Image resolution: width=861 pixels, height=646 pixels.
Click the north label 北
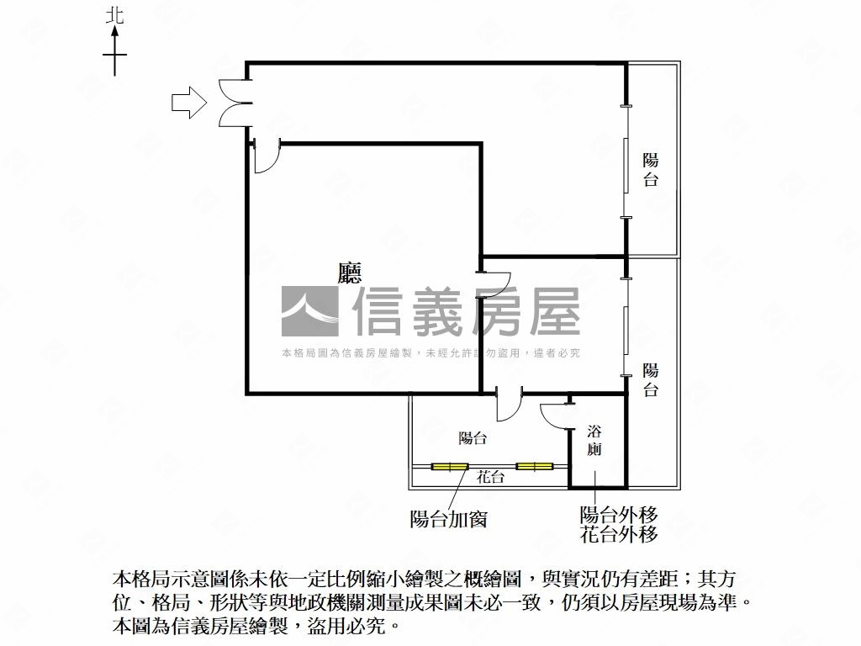[x=115, y=15]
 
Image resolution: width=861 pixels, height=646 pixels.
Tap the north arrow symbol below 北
[x=115, y=52]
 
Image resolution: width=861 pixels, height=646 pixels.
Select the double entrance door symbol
[x=234, y=103]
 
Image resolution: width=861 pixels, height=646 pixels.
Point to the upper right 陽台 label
[x=650, y=169]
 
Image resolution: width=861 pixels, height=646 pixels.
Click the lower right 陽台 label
[x=650, y=379]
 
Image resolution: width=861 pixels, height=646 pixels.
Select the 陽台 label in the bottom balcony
[x=473, y=438]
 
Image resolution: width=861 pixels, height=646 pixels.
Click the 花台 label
[x=490, y=478]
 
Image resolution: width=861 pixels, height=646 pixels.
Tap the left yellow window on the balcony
[x=449, y=467]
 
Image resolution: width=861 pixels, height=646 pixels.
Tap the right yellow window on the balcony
[x=534, y=466]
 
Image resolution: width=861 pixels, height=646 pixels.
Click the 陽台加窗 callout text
[x=448, y=519]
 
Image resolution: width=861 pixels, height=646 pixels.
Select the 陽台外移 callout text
[x=618, y=515]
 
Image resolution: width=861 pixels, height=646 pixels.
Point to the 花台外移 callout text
[x=618, y=534]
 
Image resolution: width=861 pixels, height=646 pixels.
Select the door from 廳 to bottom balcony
[x=509, y=405]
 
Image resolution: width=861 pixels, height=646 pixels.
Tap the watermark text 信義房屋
[x=466, y=311]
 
